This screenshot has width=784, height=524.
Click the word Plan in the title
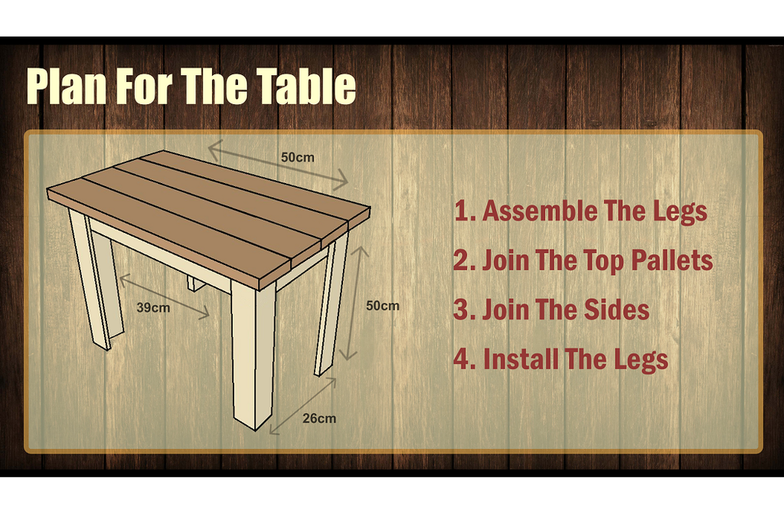click(67, 87)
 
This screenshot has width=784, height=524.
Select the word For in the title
click(145, 86)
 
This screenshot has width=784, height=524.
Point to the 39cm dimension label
click(153, 307)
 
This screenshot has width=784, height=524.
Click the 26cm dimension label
click(319, 418)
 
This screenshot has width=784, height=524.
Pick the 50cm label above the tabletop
click(298, 157)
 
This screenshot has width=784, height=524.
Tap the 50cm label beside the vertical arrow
click(383, 306)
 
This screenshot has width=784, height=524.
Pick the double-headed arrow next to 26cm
click(302, 406)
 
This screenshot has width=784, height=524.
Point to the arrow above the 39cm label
click(164, 296)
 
